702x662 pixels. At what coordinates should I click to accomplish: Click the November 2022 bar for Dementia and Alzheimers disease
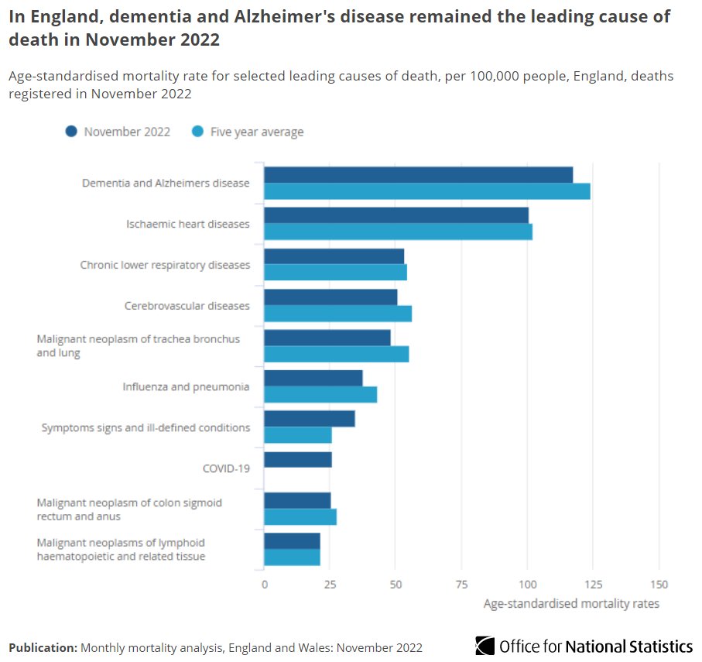point(418,175)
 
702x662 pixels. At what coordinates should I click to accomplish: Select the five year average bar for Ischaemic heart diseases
point(398,232)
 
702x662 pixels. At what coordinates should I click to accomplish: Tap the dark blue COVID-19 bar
point(298,460)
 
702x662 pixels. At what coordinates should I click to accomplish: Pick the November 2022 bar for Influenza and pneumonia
point(313,378)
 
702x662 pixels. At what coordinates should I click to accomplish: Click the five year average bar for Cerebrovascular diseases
point(337,313)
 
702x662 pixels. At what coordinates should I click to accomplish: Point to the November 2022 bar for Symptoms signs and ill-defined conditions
point(310,419)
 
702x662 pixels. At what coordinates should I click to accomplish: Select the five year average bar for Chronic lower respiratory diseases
point(335,273)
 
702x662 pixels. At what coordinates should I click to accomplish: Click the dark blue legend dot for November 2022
point(72,132)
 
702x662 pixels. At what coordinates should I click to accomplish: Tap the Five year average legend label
point(257,132)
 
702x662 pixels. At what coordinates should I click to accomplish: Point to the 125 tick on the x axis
point(593,585)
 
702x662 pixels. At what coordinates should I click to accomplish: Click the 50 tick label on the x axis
point(396,585)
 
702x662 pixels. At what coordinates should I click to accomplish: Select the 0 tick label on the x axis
point(265,585)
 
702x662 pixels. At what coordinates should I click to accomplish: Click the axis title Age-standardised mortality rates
point(571,604)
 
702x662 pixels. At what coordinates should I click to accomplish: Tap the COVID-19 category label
point(226,468)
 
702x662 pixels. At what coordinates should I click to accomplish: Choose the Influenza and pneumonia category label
point(186,386)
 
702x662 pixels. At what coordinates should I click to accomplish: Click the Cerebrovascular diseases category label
point(187,306)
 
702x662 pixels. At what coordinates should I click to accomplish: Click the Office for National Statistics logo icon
point(485,646)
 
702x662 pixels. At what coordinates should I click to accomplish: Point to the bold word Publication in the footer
point(43,647)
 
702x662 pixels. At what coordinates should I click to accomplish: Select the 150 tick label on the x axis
point(659,585)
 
